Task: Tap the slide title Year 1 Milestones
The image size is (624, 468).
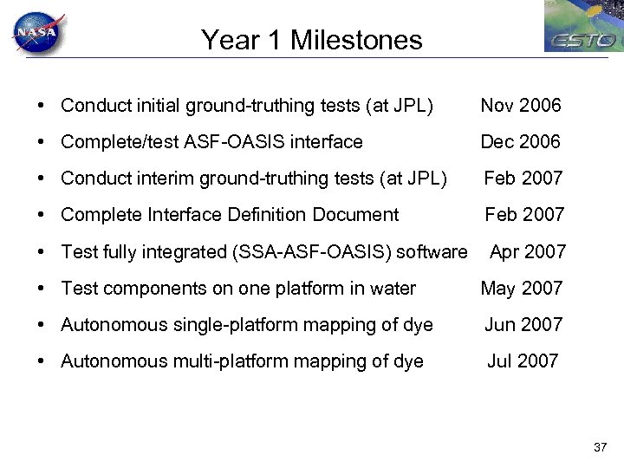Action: pyautogui.click(x=312, y=40)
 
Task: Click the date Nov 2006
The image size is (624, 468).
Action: pyautogui.click(x=521, y=106)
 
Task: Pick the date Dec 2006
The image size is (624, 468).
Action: pyautogui.click(x=521, y=141)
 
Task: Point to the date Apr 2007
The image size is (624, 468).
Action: pyautogui.click(x=528, y=252)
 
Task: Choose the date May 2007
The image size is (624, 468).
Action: pyautogui.click(x=522, y=289)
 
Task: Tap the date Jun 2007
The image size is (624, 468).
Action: pyautogui.click(x=523, y=325)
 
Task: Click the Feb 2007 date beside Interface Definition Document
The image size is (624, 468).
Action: pyautogui.click(x=523, y=214)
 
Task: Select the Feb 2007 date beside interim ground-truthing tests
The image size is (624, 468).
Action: pyautogui.click(x=523, y=179)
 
